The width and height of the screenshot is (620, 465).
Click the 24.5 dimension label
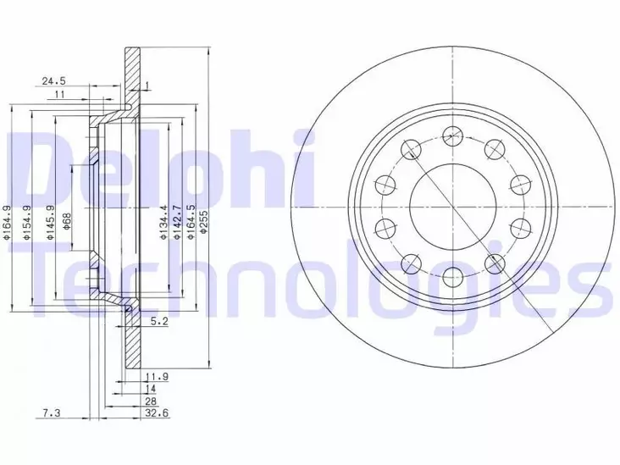(x=54, y=81)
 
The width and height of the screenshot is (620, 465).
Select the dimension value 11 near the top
(x=59, y=96)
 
